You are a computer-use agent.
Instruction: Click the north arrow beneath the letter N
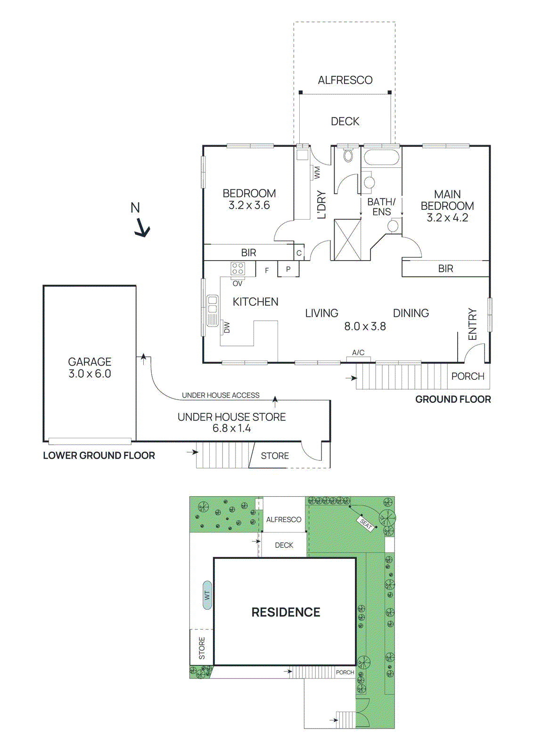[x=142, y=229]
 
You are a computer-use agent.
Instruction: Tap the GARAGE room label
[x=90, y=362]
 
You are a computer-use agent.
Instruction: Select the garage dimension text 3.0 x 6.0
[x=90, y=374]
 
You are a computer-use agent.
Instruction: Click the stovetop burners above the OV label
[x=238, y=269]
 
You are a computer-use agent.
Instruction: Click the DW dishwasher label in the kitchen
[x=227, y=327]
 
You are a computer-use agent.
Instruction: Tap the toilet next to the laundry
[x=348, y=155]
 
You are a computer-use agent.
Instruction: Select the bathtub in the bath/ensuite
[x=381, y=157]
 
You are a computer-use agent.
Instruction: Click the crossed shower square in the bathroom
[x=347, y=239]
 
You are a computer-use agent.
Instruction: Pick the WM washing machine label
[x=317, y=172]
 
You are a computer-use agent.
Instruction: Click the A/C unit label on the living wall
[x=358, y=352]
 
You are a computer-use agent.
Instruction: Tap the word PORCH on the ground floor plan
[x=467, y=377]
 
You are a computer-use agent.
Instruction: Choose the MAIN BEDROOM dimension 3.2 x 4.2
[x=447, y=218]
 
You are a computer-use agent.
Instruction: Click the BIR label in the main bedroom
[x=445, y=269]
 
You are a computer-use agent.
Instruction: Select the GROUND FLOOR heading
[x=453, y=400]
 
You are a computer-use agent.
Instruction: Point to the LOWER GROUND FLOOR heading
[x=99, y=456]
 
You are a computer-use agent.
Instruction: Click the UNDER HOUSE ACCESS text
[x=221, y=395]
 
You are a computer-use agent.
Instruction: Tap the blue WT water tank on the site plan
[x=207, y=595]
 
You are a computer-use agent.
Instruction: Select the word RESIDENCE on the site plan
[x=286, y=612]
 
